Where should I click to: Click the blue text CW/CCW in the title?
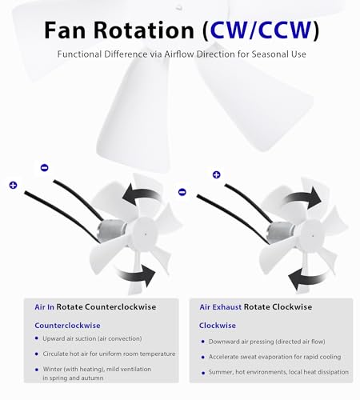pos(261,30)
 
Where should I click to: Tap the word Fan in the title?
pos(65,30)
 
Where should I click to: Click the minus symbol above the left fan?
pos(44,168)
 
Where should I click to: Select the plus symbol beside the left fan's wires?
pos(13,185)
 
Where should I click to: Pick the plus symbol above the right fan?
pos(216,174)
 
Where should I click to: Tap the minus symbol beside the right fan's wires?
pos(182,192)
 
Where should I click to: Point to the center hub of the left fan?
pos(145,234)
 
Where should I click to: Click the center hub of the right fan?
pos(312,235)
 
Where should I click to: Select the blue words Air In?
pos(44,307)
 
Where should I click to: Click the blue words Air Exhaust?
pos(221,307)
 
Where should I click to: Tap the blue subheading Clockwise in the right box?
pos(218,326)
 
